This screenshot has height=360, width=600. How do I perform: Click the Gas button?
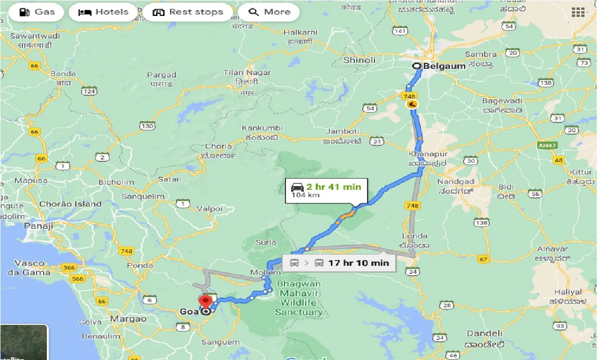click(x=37, y=12)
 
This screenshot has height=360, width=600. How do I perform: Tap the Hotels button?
click(x=104, y=12)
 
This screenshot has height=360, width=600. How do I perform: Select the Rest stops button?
click(x=188, y=12)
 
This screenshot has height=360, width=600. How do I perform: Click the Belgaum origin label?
click(x=444, y=66)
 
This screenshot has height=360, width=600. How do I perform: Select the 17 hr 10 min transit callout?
click(x=338, y=263)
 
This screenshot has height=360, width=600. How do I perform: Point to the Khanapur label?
click(x=428, y=154)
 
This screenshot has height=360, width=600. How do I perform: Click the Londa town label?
click(x=414, y=236)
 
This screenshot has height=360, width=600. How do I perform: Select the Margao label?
click(x=128, y=319)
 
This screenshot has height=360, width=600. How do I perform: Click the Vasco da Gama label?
click(x=30, y=268)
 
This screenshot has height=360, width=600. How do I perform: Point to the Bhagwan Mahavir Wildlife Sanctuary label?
click(x=299, y=298)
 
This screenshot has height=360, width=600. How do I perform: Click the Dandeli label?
click(x=485, y=334)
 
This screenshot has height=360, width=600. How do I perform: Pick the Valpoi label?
click(x=210, y=208)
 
